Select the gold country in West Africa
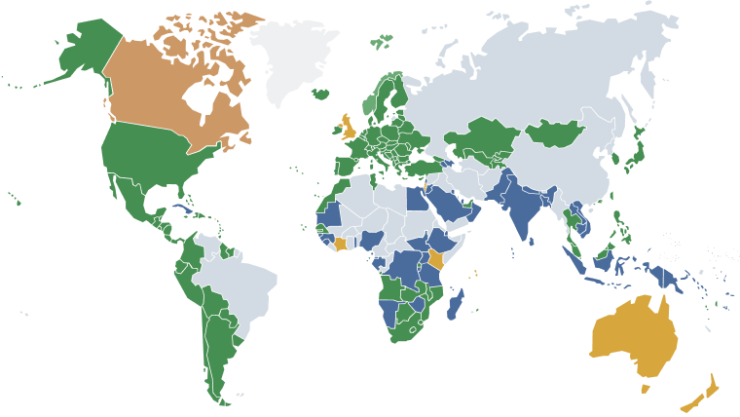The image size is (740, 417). coord(339,243)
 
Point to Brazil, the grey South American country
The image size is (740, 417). coord(243,283)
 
